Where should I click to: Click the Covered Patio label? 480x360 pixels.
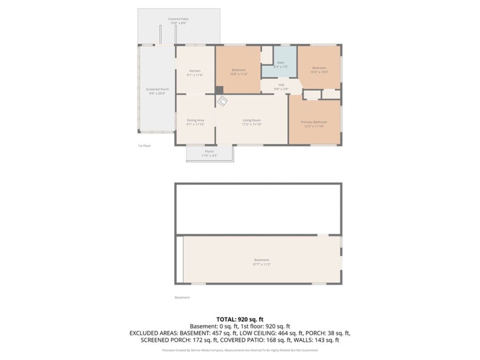pos(178,21)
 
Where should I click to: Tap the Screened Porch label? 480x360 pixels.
pos(157,91)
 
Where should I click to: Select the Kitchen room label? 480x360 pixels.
pos(195,73)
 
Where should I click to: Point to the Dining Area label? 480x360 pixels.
pos(195,122)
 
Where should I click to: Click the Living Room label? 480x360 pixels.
pos(252,122)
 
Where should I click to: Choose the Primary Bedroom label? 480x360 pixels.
pos(314,124)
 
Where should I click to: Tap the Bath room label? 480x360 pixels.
pos(280,65)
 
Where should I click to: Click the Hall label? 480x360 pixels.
pos(281,87)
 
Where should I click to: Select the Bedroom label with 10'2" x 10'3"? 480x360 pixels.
pos(319,70)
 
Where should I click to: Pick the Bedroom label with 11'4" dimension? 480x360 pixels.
pos(239,72)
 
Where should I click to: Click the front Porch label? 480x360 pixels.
pos(210,153)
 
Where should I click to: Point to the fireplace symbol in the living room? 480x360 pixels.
pos(222,101)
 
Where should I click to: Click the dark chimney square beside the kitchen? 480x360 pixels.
pos(219,90)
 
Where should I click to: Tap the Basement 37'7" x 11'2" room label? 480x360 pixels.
pos(262,262)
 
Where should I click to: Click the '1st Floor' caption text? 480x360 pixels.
pos(144,146)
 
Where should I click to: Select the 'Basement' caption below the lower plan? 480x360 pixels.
pos(182,297)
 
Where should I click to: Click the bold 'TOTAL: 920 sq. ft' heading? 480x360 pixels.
pos(240,318)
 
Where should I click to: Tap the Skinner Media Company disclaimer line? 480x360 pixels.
pos(240,350)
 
